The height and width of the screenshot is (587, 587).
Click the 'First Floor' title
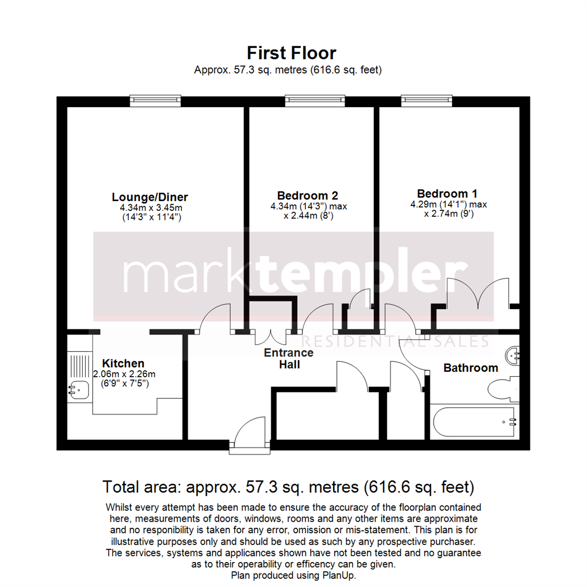(291, 53)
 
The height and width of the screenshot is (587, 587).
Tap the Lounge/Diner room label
(149, 197)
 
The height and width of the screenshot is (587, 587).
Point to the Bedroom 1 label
(447, 193)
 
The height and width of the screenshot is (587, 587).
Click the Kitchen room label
(123, 363)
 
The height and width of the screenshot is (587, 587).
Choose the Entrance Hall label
(289, 359)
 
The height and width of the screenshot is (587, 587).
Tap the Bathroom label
(471, 368)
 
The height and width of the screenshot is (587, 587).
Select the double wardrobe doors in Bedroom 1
(478, 296)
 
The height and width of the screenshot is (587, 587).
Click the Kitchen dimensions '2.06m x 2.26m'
(124, 374)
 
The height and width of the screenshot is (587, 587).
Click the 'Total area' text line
(288, 486)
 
